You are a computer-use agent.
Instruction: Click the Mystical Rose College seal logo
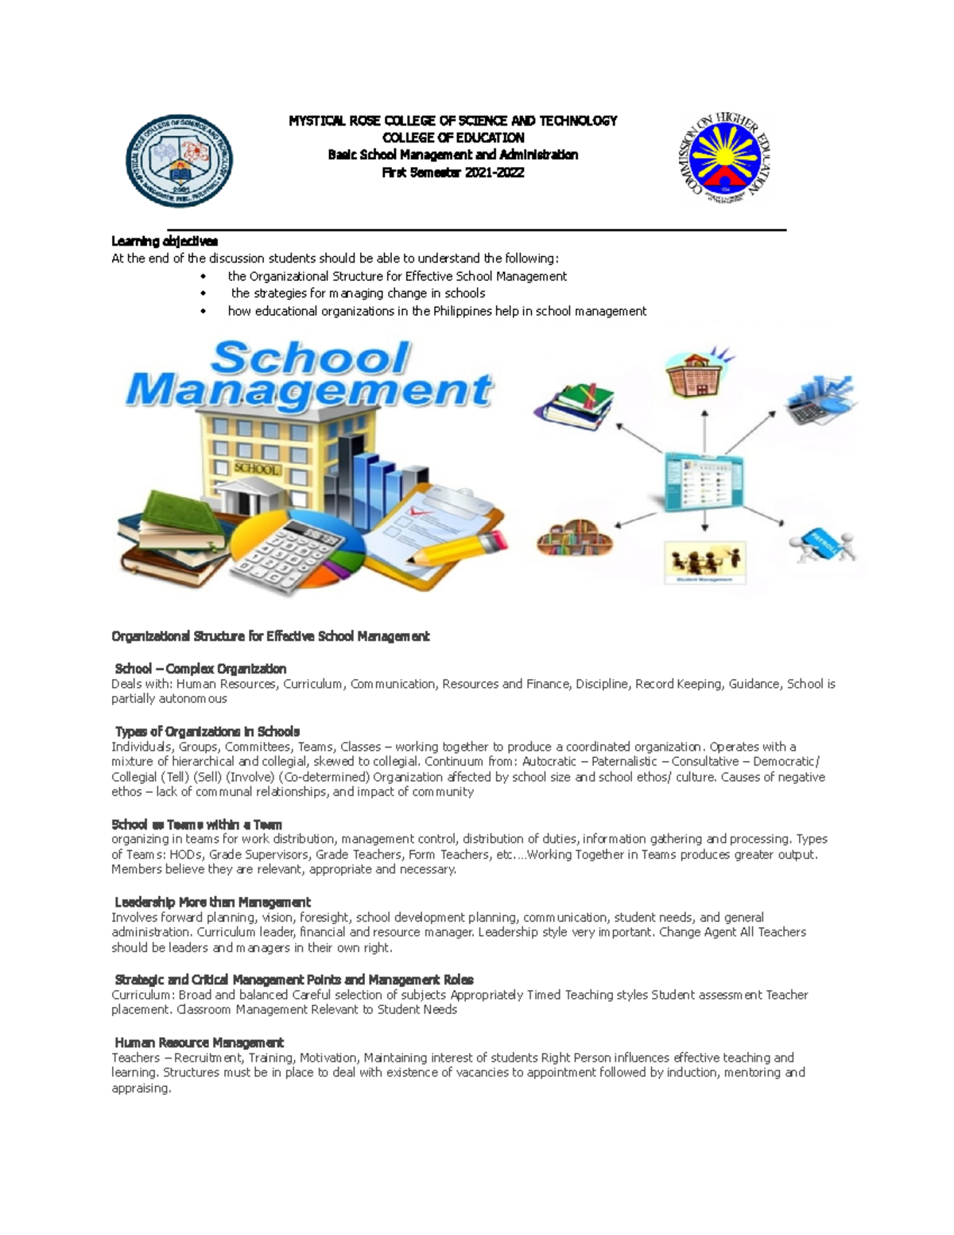[x=179, y=160]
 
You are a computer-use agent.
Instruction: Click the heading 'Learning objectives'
[x=165, y=241]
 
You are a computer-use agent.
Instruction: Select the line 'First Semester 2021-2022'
[x=453, y=173]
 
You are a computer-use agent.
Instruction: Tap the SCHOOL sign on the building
[x=256, y=469]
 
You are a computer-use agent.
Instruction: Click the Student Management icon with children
[x=705, y=563]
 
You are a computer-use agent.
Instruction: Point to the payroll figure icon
[x=821, y=545]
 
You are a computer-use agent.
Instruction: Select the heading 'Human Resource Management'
[x=199, y=1043]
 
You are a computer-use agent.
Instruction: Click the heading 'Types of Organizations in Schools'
[x=207, y=732]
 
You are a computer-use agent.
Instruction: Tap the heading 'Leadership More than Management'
[x=212, y=903]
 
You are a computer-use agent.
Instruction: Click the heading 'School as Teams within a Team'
[x=196, y=825]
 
